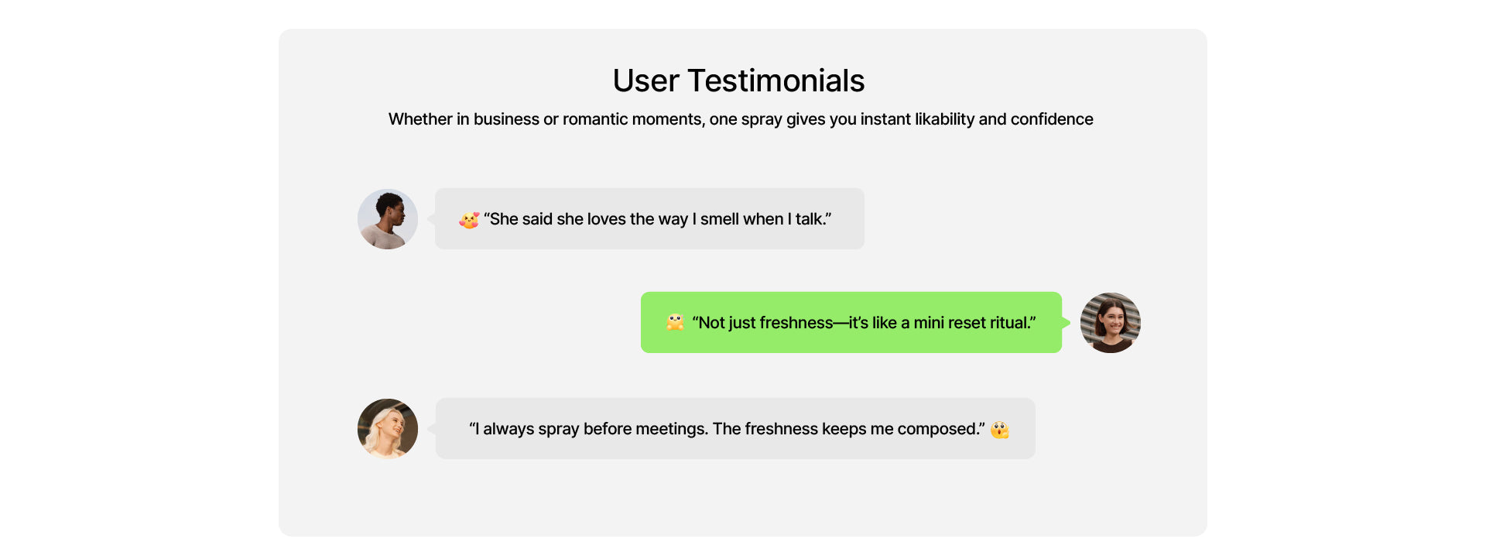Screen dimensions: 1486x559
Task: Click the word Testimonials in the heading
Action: (776, 81)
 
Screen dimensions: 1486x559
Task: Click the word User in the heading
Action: (645, 81)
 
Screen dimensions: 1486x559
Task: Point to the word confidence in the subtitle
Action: (1052, 119)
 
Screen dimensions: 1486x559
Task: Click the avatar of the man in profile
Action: (388, 219)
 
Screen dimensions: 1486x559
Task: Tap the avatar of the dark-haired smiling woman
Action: (1111, 323)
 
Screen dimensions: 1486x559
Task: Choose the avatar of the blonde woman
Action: (388, 429)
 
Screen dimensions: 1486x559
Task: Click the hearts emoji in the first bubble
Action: (469, 220)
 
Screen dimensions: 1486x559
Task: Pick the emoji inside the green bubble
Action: (675, 322)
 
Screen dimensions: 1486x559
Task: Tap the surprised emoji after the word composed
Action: (1000, 429)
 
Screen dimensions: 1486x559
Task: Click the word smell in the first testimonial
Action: (720, 219)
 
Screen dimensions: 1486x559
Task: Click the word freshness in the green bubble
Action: (796, 323)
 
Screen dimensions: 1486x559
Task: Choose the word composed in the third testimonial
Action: (938, 429)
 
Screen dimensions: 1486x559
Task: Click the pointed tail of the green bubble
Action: (1067, 323)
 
